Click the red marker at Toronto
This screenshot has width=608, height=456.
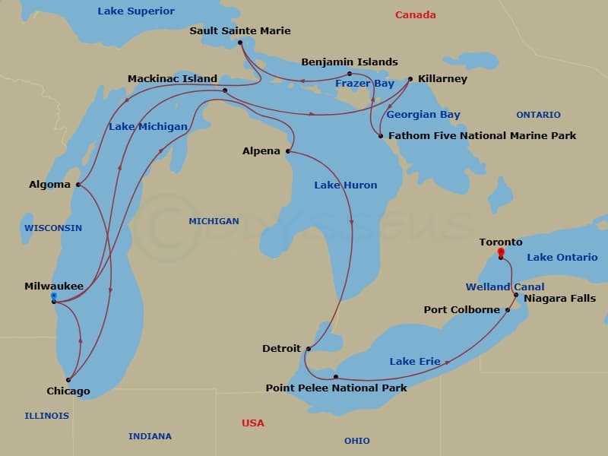click(x=500, y=252)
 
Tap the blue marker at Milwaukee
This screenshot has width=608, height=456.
click(x=53, y=296)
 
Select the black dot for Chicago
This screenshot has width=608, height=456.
click(x=68, y=379)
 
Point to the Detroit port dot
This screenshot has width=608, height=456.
click(x=309, y=349)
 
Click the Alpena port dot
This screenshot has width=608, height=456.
click(x=288, y=151)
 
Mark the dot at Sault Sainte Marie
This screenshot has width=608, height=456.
click(x=240, y=43)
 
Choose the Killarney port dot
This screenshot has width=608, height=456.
click(x=410, y=79)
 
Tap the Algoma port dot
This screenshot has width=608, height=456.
click(x=78, y=185)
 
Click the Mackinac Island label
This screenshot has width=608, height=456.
click(x=173, y=78)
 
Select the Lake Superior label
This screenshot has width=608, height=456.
click(x=136, y=11)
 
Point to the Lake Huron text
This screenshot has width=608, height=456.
click(x=346, y=185)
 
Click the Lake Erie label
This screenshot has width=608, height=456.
click(x=414, y=361)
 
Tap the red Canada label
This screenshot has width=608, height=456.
click(x=416, y=14)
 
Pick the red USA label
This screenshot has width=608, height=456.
click(x=253, y=423)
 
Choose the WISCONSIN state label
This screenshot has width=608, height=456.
click(x=52, y=228)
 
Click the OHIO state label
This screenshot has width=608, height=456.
click(x=356, y=441)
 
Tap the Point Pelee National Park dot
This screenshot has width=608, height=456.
click(x=335, y=377)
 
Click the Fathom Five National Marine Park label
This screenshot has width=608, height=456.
click(x=482, y=136)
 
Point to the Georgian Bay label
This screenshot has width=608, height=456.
click(x=423, y=115)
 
